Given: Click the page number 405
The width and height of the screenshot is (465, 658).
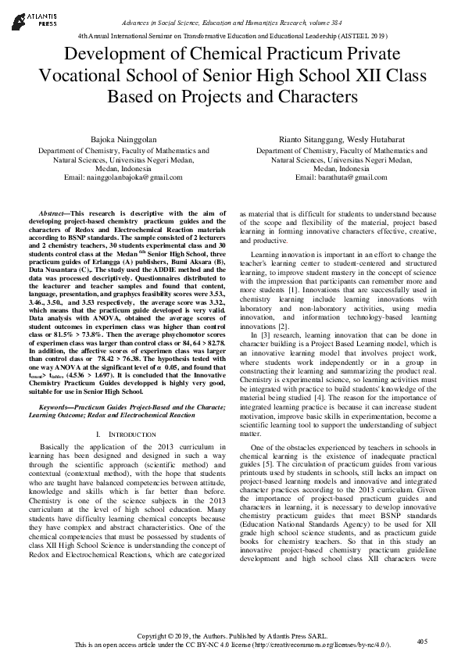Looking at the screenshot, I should tap(423, 641).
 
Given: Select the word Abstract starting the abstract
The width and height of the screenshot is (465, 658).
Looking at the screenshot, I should tap(54, 213).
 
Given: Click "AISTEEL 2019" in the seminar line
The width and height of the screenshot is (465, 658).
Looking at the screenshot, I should tap(358, 36).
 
